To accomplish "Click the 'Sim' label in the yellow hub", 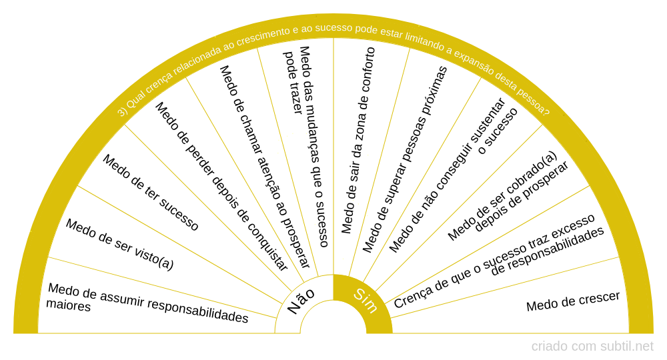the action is click(x=366, y=301).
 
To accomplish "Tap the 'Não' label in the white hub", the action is click(x=301, y=301).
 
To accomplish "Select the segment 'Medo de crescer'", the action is click(x=573, y=301).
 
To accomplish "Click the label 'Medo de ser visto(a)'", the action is click(x=119, y=245).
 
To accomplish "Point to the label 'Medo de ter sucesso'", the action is click(x=151, y=193).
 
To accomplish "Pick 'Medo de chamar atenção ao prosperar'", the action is click(x=265, y=167).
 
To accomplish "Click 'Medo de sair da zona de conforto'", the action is click(x=358, y=140).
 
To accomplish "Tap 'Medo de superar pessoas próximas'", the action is click(x=405, y=159).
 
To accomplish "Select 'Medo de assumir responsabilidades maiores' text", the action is click(x=147, y=303).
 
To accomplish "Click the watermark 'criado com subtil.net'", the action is click(x=592, y=347).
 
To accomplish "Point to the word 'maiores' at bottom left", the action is click(x=68, y=305).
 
